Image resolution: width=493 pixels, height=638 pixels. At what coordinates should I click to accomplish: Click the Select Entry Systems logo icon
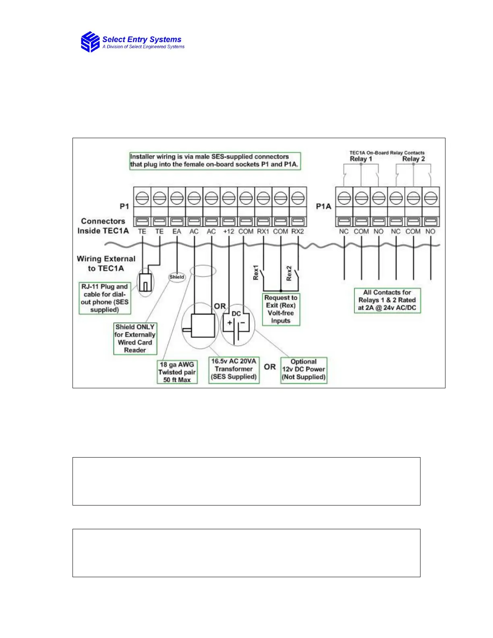tap(90, 42)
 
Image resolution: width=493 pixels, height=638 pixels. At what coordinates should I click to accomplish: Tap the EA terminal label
tap(176, 232)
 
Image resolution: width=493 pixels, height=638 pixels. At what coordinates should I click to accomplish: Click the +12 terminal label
tap(228, 232)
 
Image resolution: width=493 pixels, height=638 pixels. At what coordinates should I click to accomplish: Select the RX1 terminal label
tap(263, 232)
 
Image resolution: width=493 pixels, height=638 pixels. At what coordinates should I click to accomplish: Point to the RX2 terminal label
tap(298, 232)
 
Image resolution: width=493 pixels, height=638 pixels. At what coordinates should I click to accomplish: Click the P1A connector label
tap(323, 206)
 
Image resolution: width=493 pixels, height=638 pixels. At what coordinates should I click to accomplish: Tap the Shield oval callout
tap(177, 277)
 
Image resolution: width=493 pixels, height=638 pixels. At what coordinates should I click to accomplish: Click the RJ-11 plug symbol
tap(145, 282)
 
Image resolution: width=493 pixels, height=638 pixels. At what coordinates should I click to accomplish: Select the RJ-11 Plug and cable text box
tap(105, 298)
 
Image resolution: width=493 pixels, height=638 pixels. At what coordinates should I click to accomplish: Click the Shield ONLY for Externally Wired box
tap(135, 338)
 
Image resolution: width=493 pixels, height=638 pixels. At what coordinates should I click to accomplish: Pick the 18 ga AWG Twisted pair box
tap(177, 372)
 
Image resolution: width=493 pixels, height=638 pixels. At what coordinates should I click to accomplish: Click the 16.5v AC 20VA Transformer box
tap(234, 369)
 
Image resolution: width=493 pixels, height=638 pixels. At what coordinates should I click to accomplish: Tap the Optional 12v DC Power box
tap(304, 369)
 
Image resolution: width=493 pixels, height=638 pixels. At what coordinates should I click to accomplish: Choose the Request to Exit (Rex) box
tap(281, 309)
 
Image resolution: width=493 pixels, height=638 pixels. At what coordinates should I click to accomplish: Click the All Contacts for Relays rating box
tap(387, 300)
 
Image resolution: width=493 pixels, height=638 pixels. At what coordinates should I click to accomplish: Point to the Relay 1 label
tap(361, 159)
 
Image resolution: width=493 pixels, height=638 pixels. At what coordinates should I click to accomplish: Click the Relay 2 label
tap(413, 159)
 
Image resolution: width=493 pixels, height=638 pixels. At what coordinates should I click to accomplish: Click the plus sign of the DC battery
tap(230, 323)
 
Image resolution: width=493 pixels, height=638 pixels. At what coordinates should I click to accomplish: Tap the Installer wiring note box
tap(215, 161)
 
